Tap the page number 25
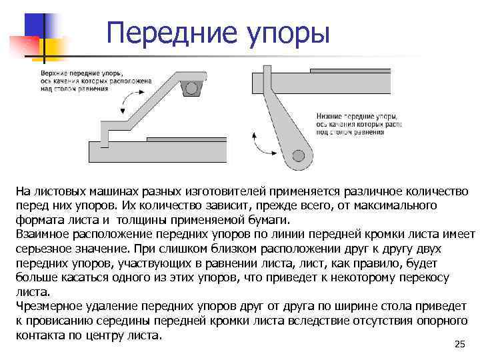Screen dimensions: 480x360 click(x=459, y=344)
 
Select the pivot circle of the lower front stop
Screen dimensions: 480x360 click(x=298, y=156)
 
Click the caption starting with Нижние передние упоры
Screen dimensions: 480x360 click(x=359, y=124)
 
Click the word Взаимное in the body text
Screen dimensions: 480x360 click(x=46, y=235)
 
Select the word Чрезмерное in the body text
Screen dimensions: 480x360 click(x=49, y=307)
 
